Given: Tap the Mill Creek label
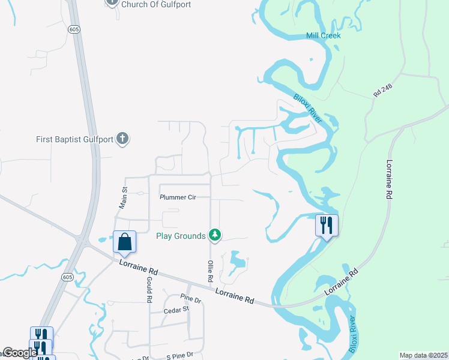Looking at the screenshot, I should point(323,35).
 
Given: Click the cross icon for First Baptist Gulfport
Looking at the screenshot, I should point(123,139).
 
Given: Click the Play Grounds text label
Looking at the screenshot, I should point(181,236).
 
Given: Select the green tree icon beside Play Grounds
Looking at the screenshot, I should point(214,235).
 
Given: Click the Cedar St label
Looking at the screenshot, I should point(177,310).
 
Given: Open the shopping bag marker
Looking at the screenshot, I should point(124,242).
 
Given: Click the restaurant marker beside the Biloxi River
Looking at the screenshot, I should point(327,225).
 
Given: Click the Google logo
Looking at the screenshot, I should point(20,353).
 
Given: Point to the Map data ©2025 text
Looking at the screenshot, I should point(423,355).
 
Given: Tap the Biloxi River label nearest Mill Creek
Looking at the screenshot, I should point(308,107).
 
